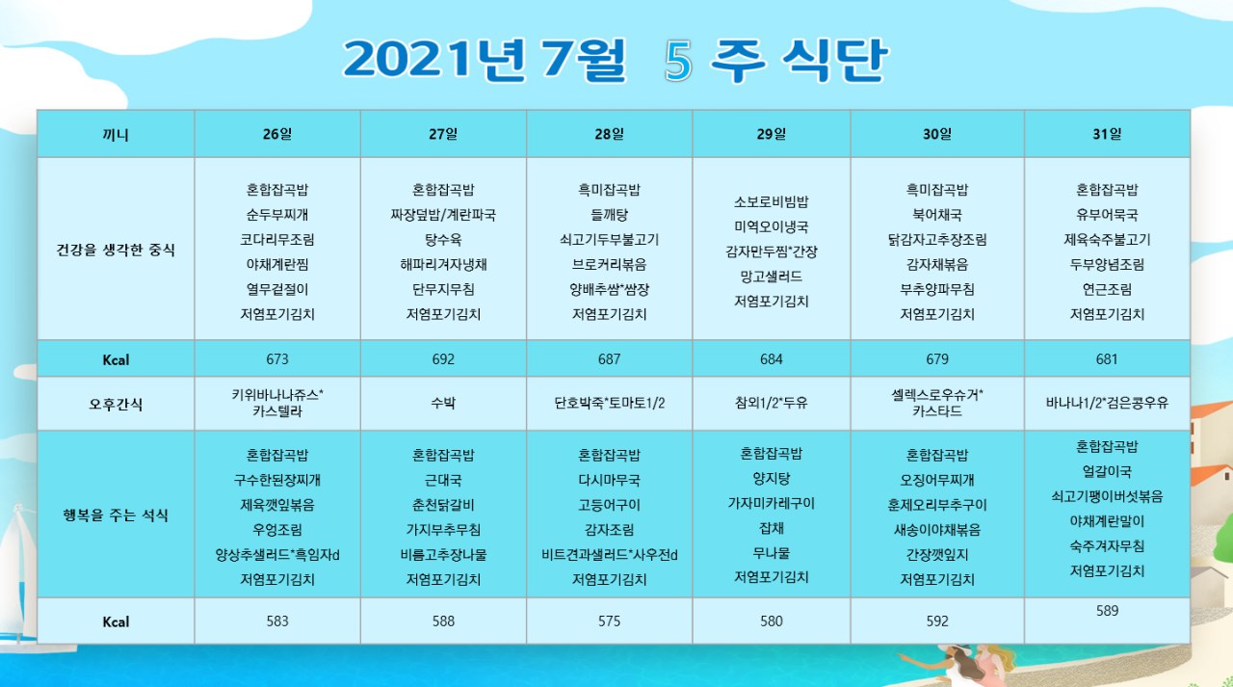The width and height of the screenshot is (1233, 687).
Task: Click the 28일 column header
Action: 609,134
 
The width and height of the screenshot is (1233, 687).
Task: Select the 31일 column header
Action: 1107,134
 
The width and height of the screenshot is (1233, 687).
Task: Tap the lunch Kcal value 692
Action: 443,359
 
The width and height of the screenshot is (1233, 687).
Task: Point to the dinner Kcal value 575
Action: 609,621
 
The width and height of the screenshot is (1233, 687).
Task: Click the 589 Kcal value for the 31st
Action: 1107,611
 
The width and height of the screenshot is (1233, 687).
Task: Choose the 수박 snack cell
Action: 443,403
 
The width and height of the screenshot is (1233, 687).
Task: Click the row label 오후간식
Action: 116,405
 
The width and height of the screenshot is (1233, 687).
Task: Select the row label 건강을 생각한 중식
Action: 116,250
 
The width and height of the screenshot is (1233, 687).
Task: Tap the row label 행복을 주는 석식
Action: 116,515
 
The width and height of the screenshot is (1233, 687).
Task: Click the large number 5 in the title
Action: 678,61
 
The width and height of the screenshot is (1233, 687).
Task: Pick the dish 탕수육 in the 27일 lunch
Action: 443,240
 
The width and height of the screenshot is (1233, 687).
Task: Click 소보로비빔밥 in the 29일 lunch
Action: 771,202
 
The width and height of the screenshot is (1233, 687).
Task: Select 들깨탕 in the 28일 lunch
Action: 609,215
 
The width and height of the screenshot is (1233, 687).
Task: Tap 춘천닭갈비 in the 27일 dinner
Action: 443,505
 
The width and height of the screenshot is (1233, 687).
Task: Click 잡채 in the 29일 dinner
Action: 771,528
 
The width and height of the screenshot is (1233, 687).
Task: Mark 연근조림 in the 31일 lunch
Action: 1107,290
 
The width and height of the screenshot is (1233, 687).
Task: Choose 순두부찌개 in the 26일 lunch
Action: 276,215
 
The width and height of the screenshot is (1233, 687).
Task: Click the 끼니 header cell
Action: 116,135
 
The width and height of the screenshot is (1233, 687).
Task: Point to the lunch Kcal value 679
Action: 937,359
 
